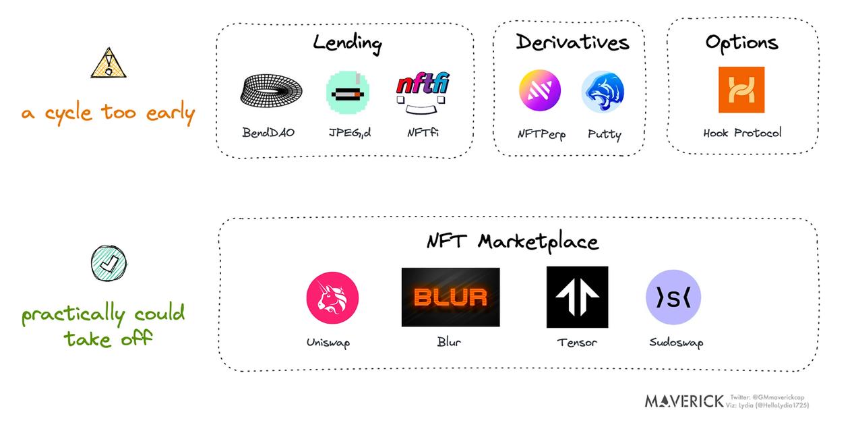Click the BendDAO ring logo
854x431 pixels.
tap(270, 91)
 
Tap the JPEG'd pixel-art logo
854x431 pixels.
tap(347, 92)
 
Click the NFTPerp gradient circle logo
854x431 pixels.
tap(539, 92)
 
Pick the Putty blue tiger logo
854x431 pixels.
tap(603, 92)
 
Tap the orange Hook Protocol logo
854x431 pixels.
tap(741, 90)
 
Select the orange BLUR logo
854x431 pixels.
tap(450, 297)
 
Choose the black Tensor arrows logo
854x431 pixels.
tap(577, 297)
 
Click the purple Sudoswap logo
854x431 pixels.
tap(673, 297)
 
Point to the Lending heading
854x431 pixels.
tap(347, 43)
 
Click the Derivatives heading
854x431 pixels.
tap(572, 42)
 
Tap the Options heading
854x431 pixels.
tap(741, 42)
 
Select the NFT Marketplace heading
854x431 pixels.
tap(512, 241)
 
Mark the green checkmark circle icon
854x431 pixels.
tap(108, 263)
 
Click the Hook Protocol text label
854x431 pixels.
tap(742, 133)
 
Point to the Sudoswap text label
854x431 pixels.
tap(675, 343)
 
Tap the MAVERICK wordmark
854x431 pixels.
tap(683, 401)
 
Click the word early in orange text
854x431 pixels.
tap(168, 113)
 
